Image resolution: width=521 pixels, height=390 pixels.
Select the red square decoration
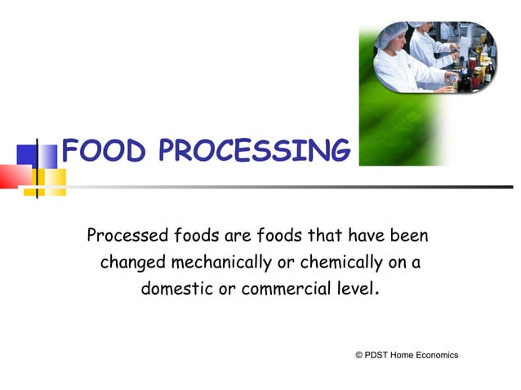coord(11,175)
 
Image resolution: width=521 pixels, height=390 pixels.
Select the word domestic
coord(176,289)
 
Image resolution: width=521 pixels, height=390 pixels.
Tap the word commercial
coord(272,289)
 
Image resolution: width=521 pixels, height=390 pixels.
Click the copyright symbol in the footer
coord(359,355)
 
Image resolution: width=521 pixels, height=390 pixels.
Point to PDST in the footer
coord(376,355)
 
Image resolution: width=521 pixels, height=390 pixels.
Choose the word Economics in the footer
coord(437,355)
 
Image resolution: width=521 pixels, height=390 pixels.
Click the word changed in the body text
coord(132,263)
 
